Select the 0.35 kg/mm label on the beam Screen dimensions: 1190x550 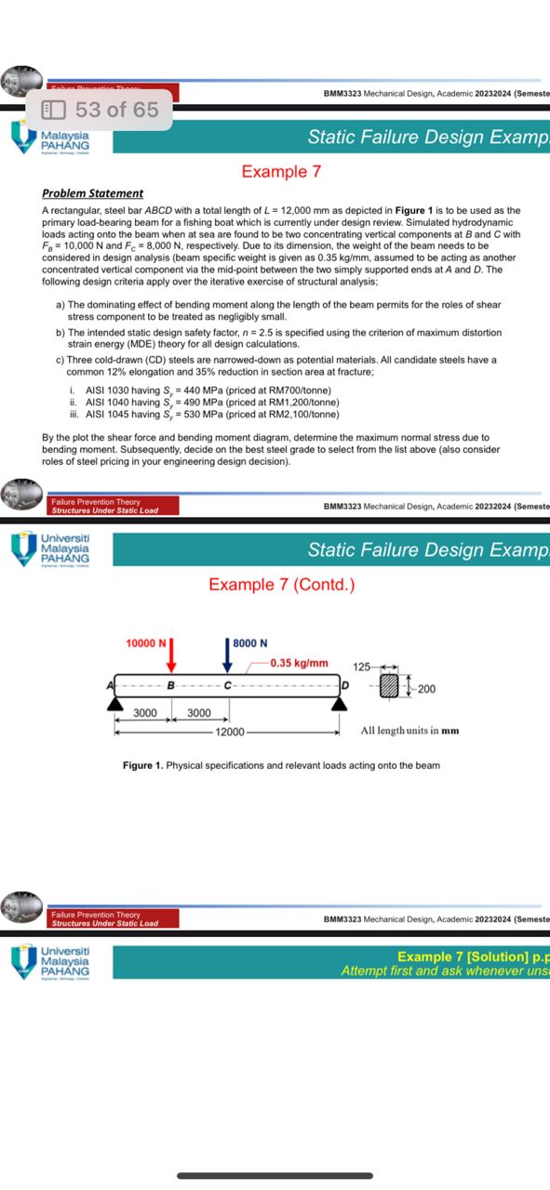[299, 663]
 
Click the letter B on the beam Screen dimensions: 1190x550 [170, 686]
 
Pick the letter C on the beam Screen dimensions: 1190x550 [227, 686]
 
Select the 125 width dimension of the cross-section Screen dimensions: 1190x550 [362, 667]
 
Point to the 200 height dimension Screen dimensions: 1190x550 [426, 689]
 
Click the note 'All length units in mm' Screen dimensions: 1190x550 [409, 731]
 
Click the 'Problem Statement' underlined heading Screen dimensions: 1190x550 [93, 193]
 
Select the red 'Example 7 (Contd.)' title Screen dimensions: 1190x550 [281, 584]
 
